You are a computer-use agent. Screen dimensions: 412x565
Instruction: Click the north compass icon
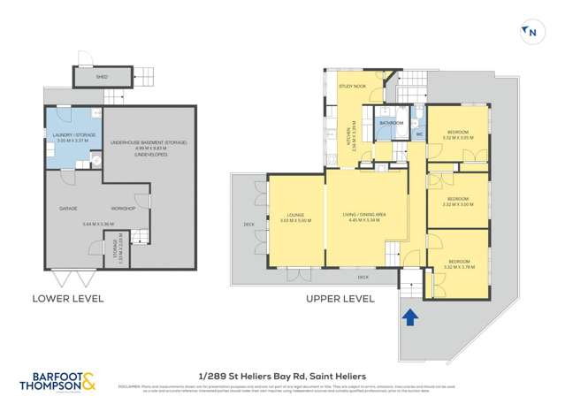click(531, 33)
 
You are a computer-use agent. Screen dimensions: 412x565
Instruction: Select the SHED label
click(103, 78)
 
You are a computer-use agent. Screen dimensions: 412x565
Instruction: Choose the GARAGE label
click(67, 209)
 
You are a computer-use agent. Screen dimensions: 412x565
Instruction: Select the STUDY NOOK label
click(351, 87)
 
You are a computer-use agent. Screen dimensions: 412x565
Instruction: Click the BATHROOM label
click(392, 122)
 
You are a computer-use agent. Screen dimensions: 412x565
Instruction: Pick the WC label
click(420, 134)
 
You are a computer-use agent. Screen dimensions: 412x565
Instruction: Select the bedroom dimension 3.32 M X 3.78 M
click(458, 266)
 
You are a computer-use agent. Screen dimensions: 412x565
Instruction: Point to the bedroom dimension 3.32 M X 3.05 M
click(458, 137)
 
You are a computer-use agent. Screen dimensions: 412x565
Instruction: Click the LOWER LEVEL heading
click(68, 298)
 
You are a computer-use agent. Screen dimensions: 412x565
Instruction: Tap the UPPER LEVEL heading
click(340, 298)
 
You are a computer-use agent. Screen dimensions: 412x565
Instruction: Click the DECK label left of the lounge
click(248, 225)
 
